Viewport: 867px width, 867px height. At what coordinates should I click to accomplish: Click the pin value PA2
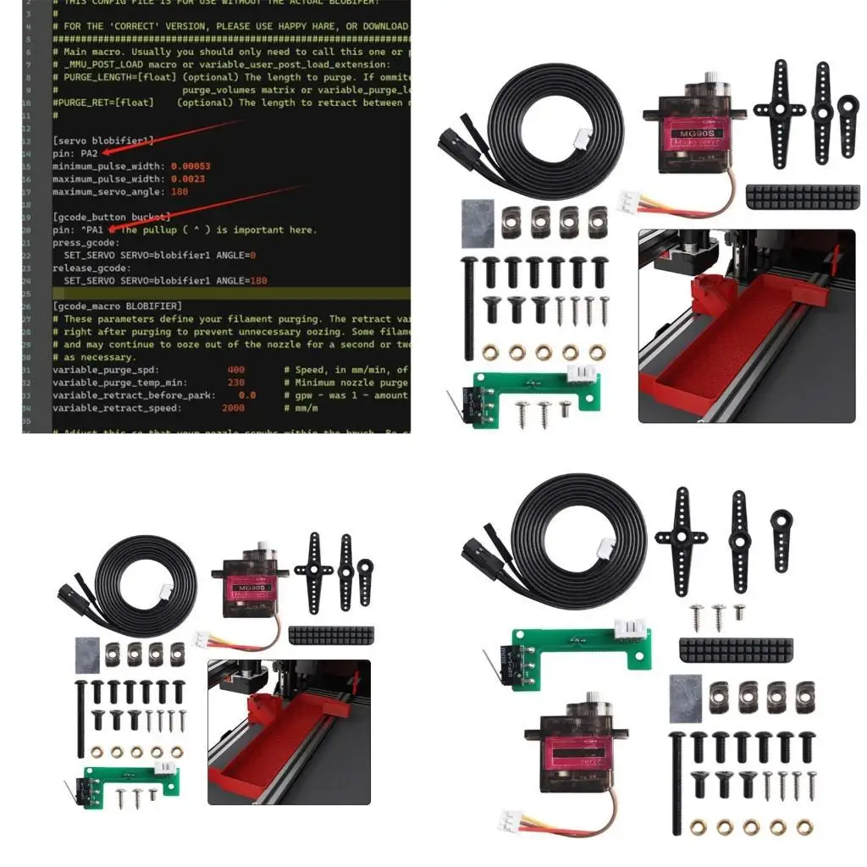point(88,153)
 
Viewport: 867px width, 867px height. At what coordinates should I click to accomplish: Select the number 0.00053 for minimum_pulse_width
point(191,166)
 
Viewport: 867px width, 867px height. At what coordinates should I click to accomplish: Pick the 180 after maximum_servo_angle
point(179,191)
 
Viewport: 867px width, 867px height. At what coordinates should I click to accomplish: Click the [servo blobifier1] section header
point(103,141)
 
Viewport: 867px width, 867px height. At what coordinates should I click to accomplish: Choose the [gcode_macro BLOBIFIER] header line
point(117,306)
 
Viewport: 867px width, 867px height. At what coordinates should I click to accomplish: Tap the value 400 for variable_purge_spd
point(236,369)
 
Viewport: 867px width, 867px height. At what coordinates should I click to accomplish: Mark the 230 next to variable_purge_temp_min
point(236,382)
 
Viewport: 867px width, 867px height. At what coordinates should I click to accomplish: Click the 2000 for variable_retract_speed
point(233,407)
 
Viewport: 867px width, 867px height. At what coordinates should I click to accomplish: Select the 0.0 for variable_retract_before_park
point(247,395)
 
